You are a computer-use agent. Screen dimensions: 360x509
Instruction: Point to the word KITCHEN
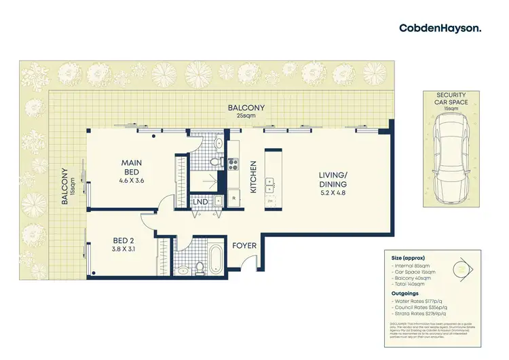(x=253, y=177)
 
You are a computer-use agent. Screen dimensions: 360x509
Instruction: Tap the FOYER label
(x=244, y=246)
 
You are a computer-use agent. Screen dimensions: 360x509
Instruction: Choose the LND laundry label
(x=200, y=202)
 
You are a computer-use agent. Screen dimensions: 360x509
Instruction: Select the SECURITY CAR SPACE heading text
(x=451, y=98)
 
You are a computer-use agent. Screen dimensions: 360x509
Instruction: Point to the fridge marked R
(x=234, y=198)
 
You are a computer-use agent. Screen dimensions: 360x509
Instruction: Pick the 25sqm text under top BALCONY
(x=246, y=115)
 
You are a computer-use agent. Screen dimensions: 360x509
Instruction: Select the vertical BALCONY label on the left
(x=64, y=187)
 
